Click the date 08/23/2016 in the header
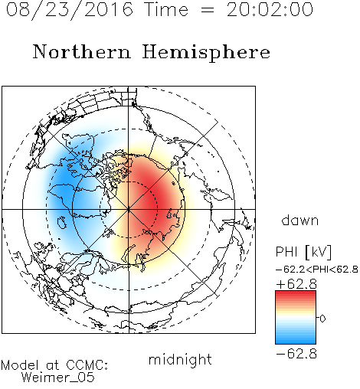[x=70, y=10]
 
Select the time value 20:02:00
[x=270, y=10]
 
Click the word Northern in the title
[x=82, y=51]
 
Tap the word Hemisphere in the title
[x=206, y=52]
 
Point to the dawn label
[x=300, y=220]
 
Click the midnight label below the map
[x=180, y=359]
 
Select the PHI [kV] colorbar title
[x=303, y=252]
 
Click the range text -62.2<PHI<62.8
[x=317, y=270]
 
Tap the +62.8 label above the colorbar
[x=296, y=284]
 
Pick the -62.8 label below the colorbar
[x=296, y=354]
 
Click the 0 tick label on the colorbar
[x=322, y=319]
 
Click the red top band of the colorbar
[x=296, y=295]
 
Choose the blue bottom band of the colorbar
[x=296, y=340]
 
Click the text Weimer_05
[x=58, y=378]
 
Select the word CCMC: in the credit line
[x=87, y=365]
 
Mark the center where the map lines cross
[x=129, y=209]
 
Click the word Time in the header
[x=166, y=10]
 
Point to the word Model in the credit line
[x=20, y=365]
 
